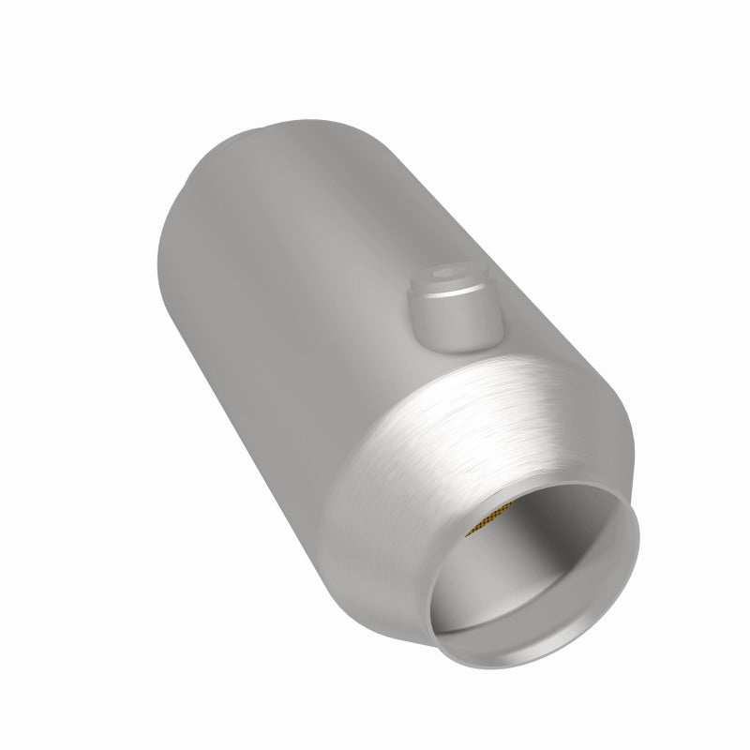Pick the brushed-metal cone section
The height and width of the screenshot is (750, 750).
coord(441,441)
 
